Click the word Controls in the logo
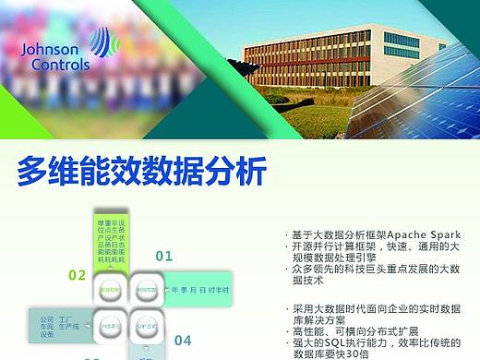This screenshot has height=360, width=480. pos(61,66)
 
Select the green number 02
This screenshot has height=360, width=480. pos(78,275)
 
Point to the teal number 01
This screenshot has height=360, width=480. pos(163,256)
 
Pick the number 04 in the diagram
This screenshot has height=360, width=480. pos(183,340)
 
